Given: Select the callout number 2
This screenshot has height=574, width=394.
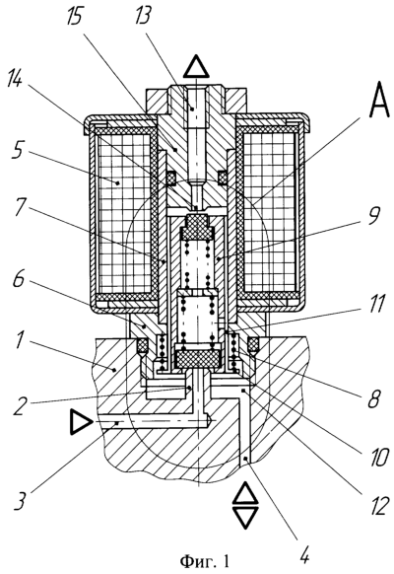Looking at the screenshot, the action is click(19, 404).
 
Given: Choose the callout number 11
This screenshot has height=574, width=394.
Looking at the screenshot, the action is click(377, 304).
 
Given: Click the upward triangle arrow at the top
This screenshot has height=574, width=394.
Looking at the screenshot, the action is click(197, 66).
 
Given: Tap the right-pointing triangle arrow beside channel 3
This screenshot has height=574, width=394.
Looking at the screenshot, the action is click(81, 422).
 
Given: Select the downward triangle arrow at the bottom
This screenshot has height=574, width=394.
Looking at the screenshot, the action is click(246, 518).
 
